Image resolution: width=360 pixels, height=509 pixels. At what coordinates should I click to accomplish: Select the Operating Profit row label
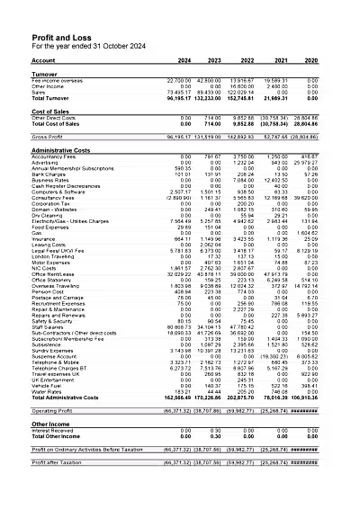pos(52,411)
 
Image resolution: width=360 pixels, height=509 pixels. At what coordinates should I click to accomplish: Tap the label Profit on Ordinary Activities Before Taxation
pos(87,449)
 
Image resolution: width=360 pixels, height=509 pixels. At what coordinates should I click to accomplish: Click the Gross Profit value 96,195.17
pos(179,138)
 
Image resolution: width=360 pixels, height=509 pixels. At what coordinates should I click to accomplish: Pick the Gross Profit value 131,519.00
pos(208,138)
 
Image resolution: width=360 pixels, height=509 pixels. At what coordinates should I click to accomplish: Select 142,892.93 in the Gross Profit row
pos(241,138)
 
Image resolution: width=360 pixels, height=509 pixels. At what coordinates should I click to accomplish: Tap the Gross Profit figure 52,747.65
pos(274,138)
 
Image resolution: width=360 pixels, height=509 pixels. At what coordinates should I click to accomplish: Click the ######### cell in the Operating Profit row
pos(304,411)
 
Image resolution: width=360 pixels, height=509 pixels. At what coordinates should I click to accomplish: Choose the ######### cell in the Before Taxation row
pos(304,449)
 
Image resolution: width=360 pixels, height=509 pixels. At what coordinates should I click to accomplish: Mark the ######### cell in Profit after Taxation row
pos(304,462)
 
